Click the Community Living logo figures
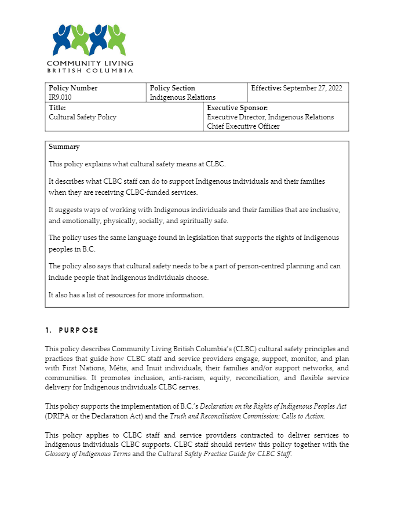(89, 40)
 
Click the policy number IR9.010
(60, 97)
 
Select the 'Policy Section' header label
(173, 88)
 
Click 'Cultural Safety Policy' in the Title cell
(83, 117)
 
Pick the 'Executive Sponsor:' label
(238, 108)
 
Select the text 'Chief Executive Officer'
(243, 126)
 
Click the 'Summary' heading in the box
(64, 147)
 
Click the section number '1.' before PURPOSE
(49, 330)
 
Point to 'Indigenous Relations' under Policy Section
(183, 97)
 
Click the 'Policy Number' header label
(73, 88)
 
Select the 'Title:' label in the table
(57, 108)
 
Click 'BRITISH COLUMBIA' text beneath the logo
(90, 71)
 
